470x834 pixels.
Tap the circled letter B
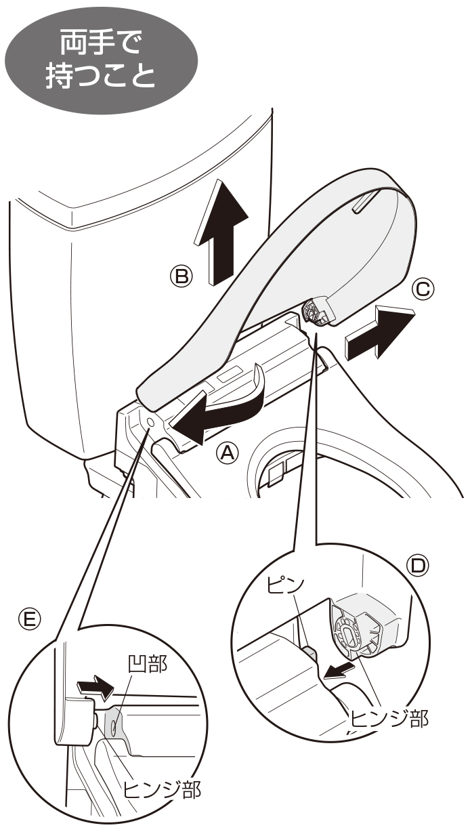pos(181,275)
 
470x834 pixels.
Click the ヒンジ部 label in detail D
pos(388,719)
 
